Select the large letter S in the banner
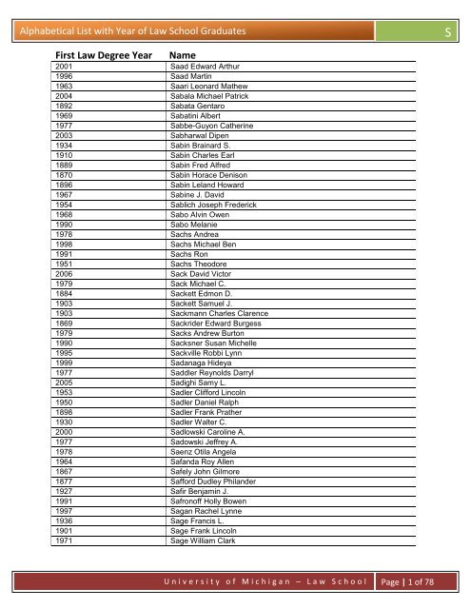447,35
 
